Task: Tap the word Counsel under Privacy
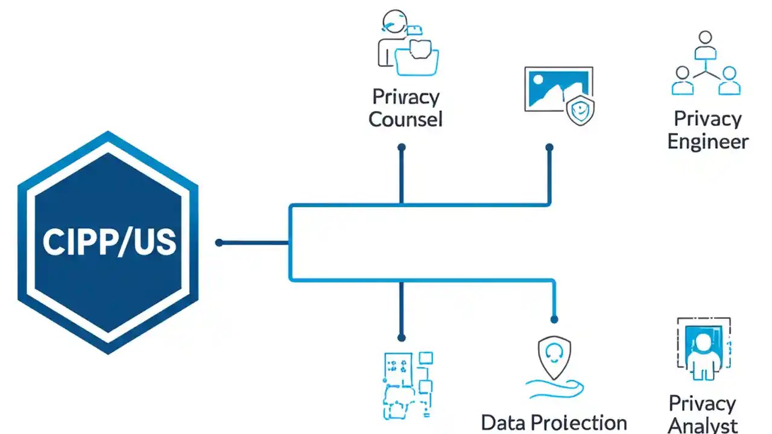click(x=405, y=119)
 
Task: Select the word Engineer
click(x=708, y=142)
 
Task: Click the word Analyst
click(x=703, y=424)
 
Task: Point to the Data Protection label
click(x=554, y=423)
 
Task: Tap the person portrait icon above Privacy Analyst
click(x=703, y=349)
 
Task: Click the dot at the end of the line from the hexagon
click(x=219, y=243)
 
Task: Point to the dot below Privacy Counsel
click(x=402, y=147)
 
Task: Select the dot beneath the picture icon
click(x=549, y=147)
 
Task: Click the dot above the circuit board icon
click(x=402, y=338)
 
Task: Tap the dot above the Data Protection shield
click(x=554, y=319)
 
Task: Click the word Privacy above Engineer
click(x=707, y=119)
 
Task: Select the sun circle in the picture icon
click(x=537, y=78)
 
